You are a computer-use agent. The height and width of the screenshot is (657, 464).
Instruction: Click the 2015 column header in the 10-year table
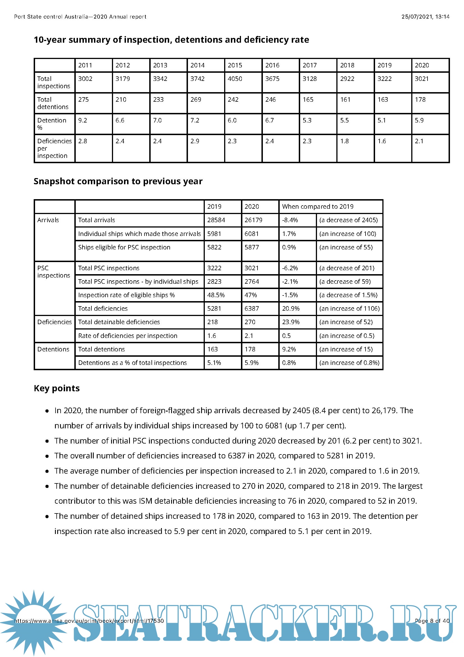[235, 65]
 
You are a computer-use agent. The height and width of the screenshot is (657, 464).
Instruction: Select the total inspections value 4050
[235, 79]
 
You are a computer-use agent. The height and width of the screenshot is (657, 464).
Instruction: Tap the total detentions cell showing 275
[83, 100]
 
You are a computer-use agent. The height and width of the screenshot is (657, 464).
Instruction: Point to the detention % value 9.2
[82, 121]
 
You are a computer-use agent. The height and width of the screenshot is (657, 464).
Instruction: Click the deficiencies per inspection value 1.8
[344, 141]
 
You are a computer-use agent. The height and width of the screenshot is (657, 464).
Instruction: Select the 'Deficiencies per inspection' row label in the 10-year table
[54, 148]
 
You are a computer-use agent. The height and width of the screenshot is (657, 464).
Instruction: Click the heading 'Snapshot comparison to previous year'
[118, 181]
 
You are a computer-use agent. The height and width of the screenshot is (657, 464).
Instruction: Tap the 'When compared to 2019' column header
[318, 207]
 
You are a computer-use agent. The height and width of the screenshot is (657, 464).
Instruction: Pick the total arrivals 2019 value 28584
[216, 220]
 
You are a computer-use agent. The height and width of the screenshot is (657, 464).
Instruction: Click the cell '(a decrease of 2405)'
[348, 220]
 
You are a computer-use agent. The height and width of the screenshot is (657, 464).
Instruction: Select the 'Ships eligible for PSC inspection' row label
[124, 247]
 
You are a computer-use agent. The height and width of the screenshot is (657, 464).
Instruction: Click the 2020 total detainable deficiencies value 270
[250, 322]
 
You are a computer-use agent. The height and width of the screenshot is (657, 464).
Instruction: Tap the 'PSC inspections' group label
[53, 272]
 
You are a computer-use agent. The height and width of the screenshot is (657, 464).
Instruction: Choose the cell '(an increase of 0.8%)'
[349, 363]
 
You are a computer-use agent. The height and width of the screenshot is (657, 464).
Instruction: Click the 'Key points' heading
[57, 388]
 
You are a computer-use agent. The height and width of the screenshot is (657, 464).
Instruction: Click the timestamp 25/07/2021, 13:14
[425, 17]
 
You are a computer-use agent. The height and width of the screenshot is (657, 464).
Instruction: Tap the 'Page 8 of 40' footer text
[432, 621]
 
